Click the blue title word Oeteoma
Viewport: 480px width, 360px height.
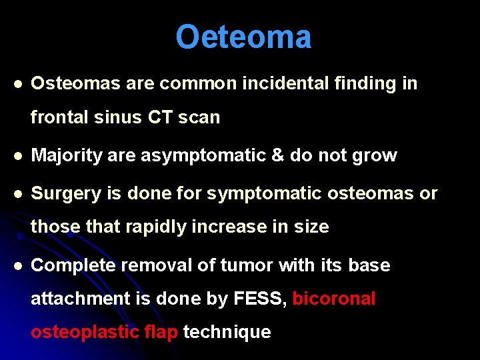[243, 37]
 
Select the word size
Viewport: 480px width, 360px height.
[311, 227]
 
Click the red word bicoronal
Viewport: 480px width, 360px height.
[334, 299]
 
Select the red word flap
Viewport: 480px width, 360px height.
[161, 332]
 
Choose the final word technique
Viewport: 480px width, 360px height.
[227, 332]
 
